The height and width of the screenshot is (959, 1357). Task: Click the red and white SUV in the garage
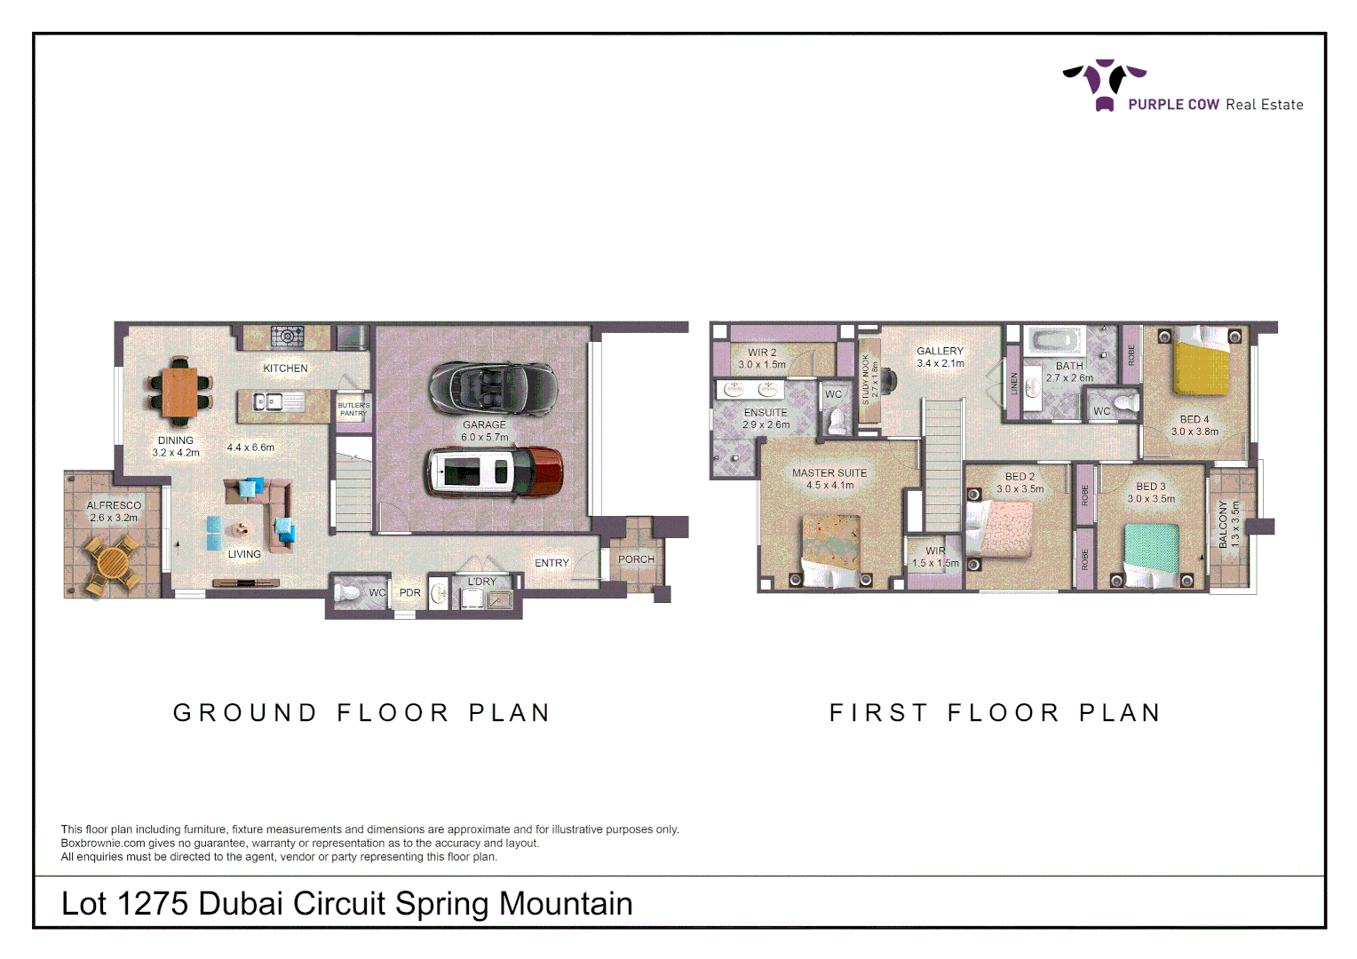[494, 472]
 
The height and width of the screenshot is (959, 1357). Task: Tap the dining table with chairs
[180, 392]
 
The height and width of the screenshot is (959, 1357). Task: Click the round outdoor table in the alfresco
[113, 563]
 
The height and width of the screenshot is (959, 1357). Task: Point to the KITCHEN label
[285, 368]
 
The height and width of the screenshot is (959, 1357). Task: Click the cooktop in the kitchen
[287, 337]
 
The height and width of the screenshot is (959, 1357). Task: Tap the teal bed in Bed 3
[1152, 551]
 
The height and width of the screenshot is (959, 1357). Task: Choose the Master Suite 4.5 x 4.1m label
[829, 479]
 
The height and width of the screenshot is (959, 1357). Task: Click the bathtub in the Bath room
[1054, 341]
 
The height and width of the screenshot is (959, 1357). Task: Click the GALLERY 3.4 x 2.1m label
[940, 357]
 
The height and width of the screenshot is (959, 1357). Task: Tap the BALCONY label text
[1223, 524]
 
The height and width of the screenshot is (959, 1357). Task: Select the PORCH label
[636, 559]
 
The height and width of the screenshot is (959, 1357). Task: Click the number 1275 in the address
[152, 904]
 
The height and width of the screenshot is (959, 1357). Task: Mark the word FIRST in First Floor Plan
[878, 713]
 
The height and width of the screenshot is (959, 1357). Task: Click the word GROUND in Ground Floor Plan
[245, 713]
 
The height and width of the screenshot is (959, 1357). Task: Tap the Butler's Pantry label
[353, 409]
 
